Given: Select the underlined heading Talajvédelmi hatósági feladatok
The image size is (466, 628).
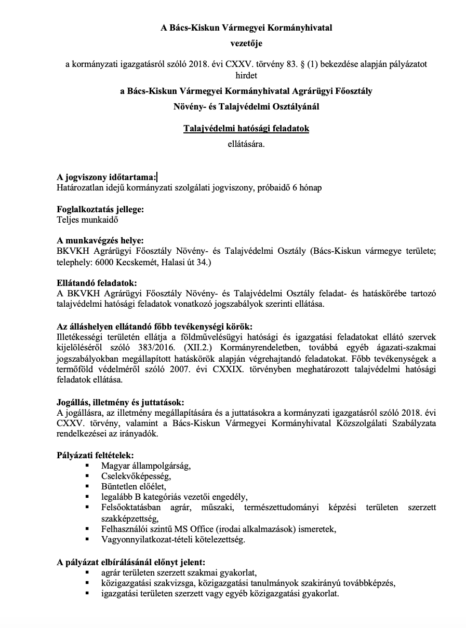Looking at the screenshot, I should click(246, 128).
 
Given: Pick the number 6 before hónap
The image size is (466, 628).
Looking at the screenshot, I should click(295, 188).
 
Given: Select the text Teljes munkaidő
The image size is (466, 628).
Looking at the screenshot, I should click(88, 220).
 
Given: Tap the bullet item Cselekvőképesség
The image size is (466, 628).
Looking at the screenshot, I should click(136, 476).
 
